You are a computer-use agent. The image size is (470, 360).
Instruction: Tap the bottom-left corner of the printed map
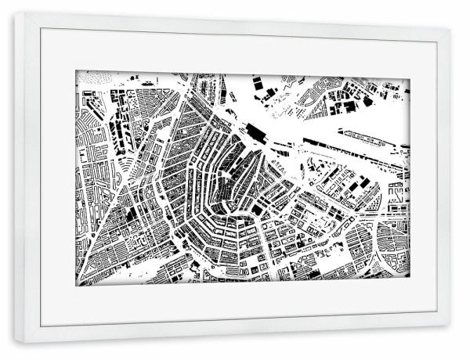coord(76,286)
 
